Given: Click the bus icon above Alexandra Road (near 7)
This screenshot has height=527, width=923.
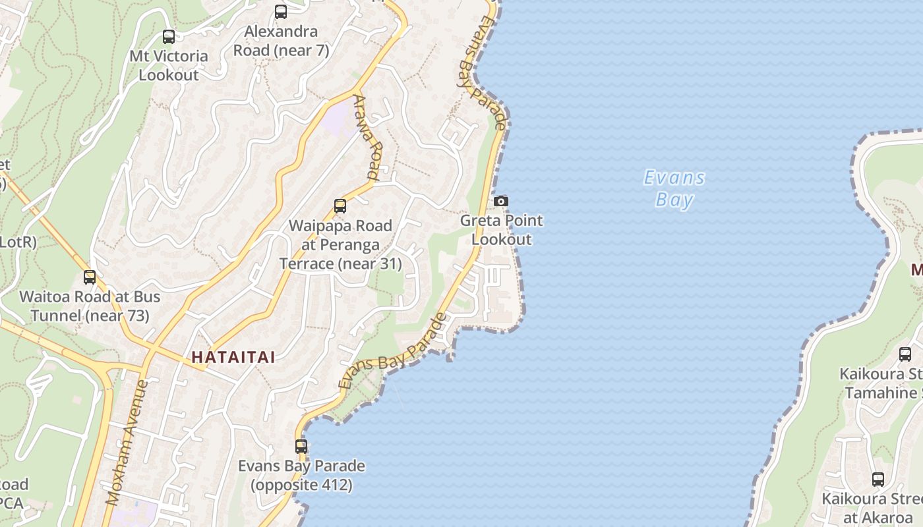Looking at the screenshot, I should coord(281,12).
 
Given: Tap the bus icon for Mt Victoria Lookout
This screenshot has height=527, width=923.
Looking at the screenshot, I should coord(169,37).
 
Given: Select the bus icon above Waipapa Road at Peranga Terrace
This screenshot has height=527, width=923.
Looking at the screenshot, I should coord(340,206).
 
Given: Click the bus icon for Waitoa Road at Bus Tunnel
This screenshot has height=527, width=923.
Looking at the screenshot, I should coord(90,278).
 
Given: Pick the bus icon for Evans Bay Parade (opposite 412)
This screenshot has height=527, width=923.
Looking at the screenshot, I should coord(301,447).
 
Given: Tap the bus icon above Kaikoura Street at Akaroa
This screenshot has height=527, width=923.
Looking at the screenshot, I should coord(878,480).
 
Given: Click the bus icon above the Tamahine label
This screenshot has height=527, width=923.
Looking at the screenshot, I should coord(905,354).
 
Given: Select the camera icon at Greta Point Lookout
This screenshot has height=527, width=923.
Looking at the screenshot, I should coord(501,202).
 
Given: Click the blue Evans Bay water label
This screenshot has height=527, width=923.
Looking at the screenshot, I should coord(674,188).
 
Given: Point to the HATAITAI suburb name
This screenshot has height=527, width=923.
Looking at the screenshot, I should coord(233,358).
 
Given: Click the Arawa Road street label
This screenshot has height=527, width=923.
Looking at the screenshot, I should coord(367,137).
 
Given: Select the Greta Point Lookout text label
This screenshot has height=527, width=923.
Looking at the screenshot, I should coord(501,230).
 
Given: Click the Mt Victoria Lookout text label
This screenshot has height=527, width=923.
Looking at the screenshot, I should coord(169,66).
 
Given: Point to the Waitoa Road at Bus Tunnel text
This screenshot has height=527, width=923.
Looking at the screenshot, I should coord(90,306).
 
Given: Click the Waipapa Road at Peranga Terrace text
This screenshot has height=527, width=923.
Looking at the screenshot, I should coord(340,245).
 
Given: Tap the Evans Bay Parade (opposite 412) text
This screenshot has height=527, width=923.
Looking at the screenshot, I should coord(301,476).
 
